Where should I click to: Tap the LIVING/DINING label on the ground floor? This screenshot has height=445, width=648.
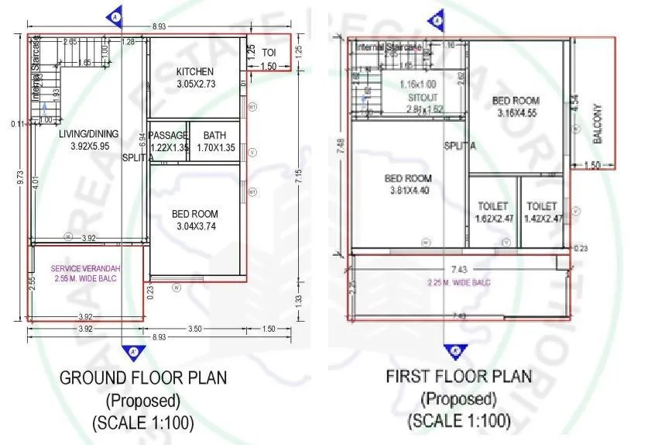click(x=88, y=134)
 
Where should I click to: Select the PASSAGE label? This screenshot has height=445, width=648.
click(x=168, y=134)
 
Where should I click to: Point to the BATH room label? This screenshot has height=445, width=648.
click(x=214, y=134)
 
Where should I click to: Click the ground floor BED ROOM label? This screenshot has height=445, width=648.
click(x=194, y=214)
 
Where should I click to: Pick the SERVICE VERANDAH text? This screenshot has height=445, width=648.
click(x=86, y=269)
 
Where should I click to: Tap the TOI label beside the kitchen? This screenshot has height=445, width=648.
click(x=268, y=53)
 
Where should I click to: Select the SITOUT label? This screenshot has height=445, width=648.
click(x=423, y=98)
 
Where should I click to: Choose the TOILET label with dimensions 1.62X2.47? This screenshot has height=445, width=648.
click(x=492, y=206)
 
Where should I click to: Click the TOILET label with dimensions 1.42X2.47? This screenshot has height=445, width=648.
click(x=541, y=206)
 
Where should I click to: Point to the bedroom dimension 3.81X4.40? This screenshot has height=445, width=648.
click(x=408, y=191)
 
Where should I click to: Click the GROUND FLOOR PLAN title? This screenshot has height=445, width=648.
click(x=143, y=378)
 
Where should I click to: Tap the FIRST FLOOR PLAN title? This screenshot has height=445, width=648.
click(x=459, y=377)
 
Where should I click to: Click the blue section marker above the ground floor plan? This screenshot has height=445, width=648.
click(x=115, y=16)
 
